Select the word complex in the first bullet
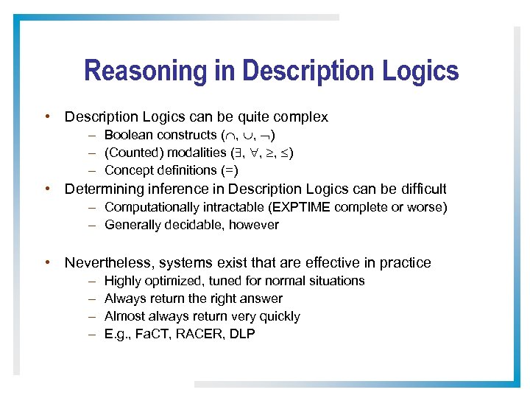(301, 117)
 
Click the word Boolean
(129, 135)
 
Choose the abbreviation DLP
(241, 334)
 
